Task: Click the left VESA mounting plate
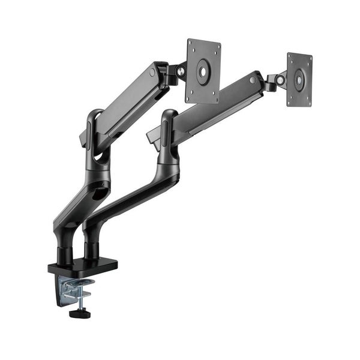[x=203, y=71]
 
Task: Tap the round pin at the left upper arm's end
[x=152, y=73]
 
